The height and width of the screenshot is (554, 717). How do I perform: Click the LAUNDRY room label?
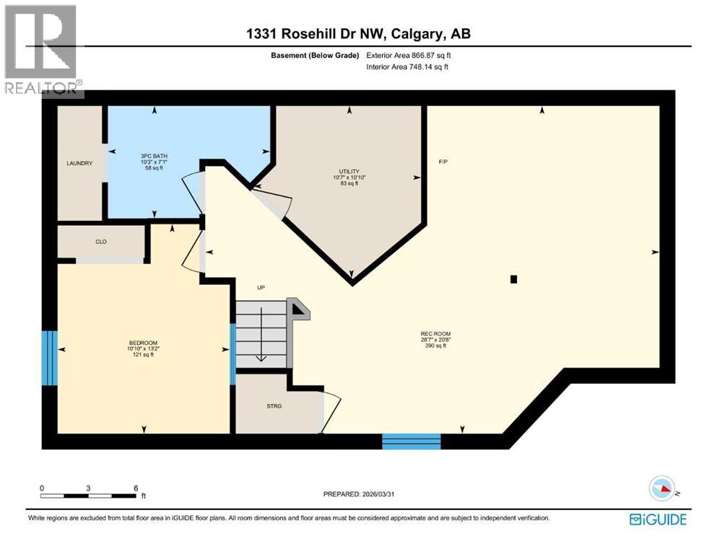click(79, 164)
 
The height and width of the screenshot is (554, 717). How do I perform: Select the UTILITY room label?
click(349, 172)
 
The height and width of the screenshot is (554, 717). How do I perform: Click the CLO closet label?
click(101, 242)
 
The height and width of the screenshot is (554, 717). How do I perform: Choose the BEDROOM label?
click(143, 343)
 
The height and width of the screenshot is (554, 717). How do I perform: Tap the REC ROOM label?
click(435, 333)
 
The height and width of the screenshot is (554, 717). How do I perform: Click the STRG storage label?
click(274, 406)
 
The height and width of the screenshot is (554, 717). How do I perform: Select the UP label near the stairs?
click(261, 288)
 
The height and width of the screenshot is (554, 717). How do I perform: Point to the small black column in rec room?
click(513, 279)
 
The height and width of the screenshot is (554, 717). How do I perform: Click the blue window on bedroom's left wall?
click(49, 359)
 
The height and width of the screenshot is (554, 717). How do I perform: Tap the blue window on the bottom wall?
click(411, 441)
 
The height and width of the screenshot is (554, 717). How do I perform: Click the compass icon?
click(663, 488)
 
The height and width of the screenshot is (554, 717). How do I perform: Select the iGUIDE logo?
click(658, 519)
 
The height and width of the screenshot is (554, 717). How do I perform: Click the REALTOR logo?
click(42, 50)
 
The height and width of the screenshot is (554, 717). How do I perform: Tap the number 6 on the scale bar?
click(135, 488)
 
